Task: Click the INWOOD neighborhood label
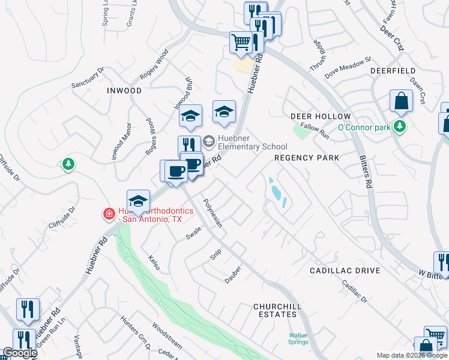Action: click(x=124, y=91)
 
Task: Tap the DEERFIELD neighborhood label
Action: click(x=393, y=71)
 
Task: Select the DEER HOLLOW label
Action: click(x=320, y=116)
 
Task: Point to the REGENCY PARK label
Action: click(x=307, y=158)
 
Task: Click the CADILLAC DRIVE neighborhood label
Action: click(x=345, y=271)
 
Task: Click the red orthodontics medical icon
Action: click(x=109, y=213)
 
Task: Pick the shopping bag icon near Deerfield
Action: click(x=400, y=101)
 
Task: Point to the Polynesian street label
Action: click(x=212, y=214)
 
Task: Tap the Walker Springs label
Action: click(x=298, y=339)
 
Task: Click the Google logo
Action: click(x=20, y=353)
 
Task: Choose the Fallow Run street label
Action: click(x=315, y=131)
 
